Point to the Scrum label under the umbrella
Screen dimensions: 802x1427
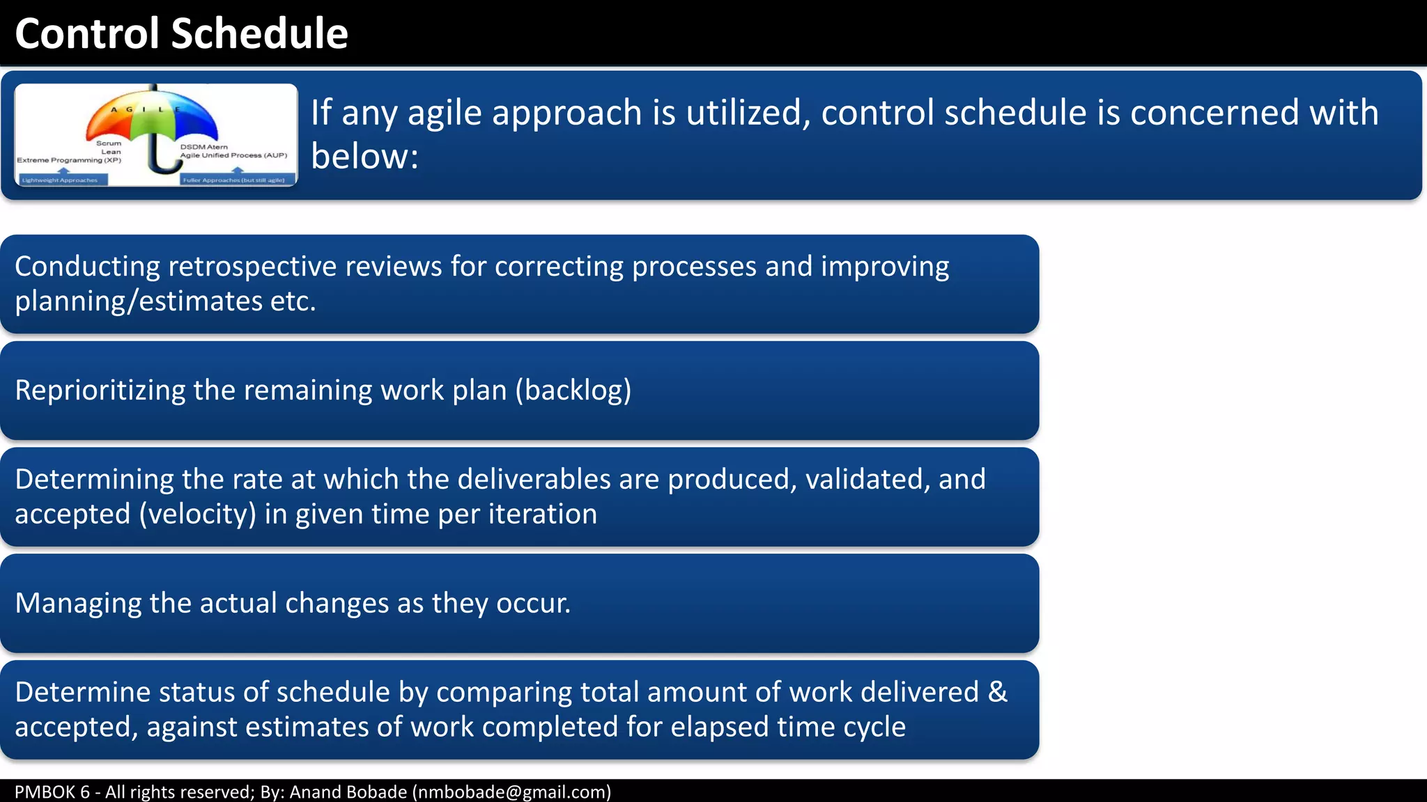coord(109,143)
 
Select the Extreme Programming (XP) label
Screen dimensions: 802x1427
coord(69,160)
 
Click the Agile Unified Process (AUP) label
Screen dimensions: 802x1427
coord(233,155)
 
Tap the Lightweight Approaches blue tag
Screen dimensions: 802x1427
coord(61,180)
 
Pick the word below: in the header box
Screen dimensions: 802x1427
coord(364,156)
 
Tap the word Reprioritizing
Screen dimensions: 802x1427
coord(100,391)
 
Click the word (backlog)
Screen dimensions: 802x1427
coord(573,391)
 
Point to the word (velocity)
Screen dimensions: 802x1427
coord(197,514)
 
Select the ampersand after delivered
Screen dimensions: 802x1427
coord(997,693)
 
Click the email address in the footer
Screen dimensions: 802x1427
coord(511,792)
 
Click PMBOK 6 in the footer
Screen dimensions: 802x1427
coord(52,792)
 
